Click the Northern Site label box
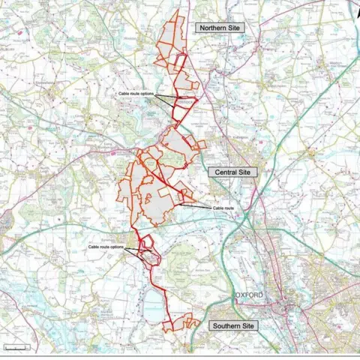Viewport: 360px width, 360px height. [x=220, y=28]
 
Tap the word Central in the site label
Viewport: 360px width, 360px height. [x=226, y=172]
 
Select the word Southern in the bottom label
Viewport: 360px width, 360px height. [x=225, y=326]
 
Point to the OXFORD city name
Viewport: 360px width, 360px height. [x=250, y=295]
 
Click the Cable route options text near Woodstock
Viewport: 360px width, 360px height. [x=136, y=94]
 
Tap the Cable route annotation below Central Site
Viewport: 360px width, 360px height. [x=223, y=208]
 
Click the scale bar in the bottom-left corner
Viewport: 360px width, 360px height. [x=16, y=347]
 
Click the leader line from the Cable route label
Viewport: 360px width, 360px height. [x=196, y=204]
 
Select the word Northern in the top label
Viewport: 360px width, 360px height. [x=211, y=28]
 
